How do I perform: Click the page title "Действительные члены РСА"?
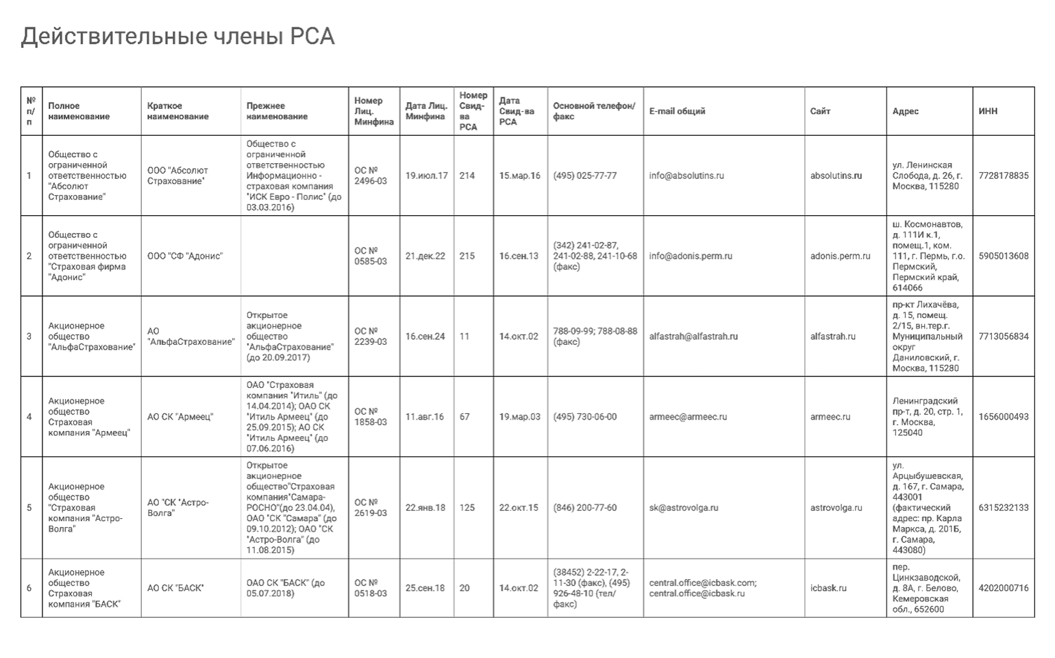(177, 36)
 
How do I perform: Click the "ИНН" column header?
(988, 111)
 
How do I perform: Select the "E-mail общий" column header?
(677, 111)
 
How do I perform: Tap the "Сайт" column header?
(820, 111)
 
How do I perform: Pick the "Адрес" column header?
(905, 111)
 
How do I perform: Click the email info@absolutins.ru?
(686, 175)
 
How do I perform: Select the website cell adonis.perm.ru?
(840, 256)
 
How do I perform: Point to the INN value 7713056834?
(1003, 337)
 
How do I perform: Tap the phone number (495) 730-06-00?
(584, 417)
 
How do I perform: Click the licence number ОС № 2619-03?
(370, 508)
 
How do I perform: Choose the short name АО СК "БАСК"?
(175, 588)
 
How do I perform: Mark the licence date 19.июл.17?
(426, 175)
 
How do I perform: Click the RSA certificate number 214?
(467, 175)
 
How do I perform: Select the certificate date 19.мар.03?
(519, 417)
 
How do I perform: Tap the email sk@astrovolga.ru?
(684, 508)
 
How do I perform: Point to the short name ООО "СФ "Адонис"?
(185, 256)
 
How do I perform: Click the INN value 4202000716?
(1003, 588)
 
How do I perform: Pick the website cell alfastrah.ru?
(832, 337)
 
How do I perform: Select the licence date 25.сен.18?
(425, 588)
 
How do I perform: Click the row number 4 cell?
(29, 417)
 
